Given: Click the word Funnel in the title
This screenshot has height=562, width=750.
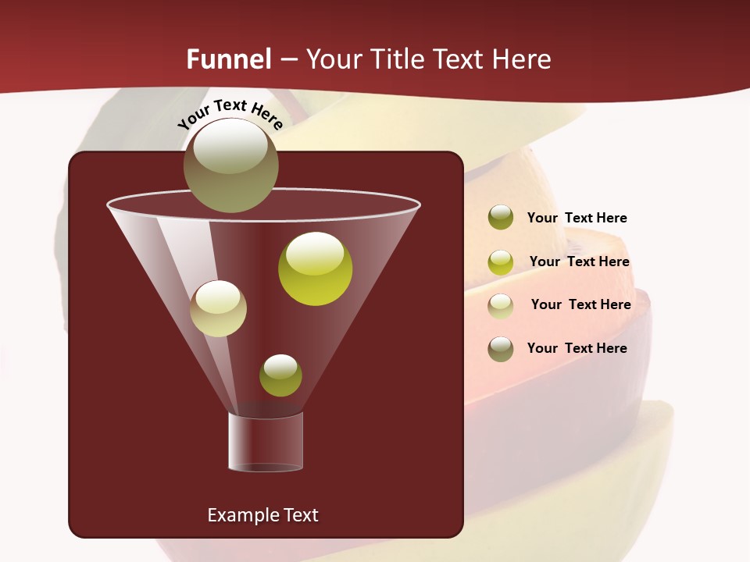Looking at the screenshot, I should (x=228, y=59).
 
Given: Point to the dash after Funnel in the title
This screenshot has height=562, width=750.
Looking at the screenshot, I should (x=288, y=60).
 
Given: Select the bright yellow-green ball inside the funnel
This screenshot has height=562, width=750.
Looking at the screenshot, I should (x=315, y=268).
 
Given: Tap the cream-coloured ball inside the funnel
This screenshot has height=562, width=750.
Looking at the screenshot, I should (x=218, y=308).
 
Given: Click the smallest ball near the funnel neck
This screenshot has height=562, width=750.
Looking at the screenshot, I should (x=280, y=375).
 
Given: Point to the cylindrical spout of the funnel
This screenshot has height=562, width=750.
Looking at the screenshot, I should (x=266, y=442).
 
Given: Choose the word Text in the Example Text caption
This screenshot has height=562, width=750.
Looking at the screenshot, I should (x=301, y=515).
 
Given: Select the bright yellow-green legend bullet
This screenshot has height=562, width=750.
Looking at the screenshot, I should (x=501, y=262).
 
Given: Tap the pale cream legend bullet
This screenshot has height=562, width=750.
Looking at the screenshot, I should (x=501, y=305).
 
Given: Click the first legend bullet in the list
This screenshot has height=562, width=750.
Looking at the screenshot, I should (x=501, y=218).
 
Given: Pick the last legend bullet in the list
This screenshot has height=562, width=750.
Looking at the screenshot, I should (x=501, y=349).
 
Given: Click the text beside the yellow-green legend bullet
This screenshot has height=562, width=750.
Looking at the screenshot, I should (x=579, y=261).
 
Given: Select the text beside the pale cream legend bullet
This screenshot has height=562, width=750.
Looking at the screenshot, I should (x=580, y=304).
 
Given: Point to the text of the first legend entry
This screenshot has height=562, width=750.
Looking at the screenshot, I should (x=577, y=218).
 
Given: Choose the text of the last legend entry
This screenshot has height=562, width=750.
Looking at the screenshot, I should (x=577, y=348).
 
